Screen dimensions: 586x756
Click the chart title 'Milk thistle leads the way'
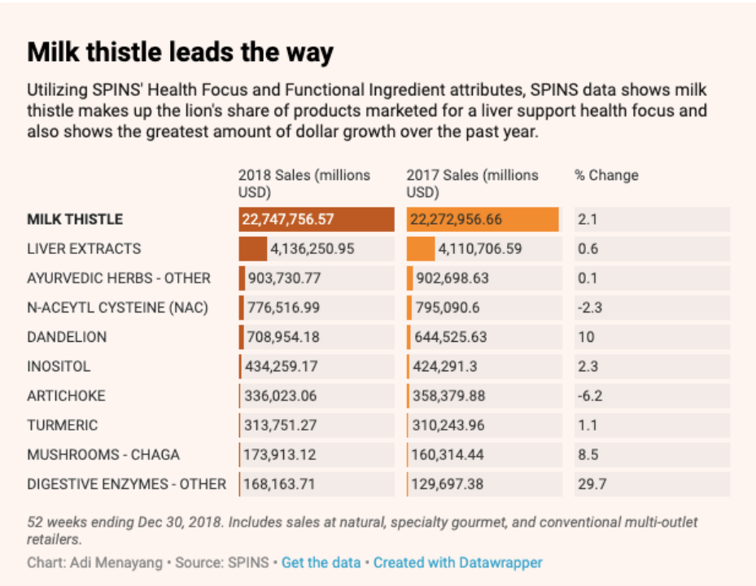(x=180, y=53)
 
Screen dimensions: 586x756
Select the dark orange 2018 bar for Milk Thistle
(x=316, y=220)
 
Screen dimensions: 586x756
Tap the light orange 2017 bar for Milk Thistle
(x=483, y=220)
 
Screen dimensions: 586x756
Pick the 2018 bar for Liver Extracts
(x=252, y=249)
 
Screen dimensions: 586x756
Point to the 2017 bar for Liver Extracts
(x=421, y=249)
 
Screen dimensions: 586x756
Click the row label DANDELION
(x=67, y=337)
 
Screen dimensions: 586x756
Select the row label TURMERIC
(x=62, y=425)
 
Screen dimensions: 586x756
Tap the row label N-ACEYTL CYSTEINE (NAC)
(x=117, y=308)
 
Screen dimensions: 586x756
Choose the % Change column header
(x=606, y=175)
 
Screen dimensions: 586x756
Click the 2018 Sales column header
(x=304, y=183)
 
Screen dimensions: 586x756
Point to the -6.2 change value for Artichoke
(x=588, y=396)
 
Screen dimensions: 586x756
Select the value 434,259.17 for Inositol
(x=281, y=366)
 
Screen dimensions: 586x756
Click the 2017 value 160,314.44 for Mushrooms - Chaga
(x=449, y=454)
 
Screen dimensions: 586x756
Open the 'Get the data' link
(x=321, y=562)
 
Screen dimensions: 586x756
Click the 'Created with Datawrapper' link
(x=457, y=562)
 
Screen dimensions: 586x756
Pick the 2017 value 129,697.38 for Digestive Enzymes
(x=449, y=484)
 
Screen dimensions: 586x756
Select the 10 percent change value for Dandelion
(x=586, y=337)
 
